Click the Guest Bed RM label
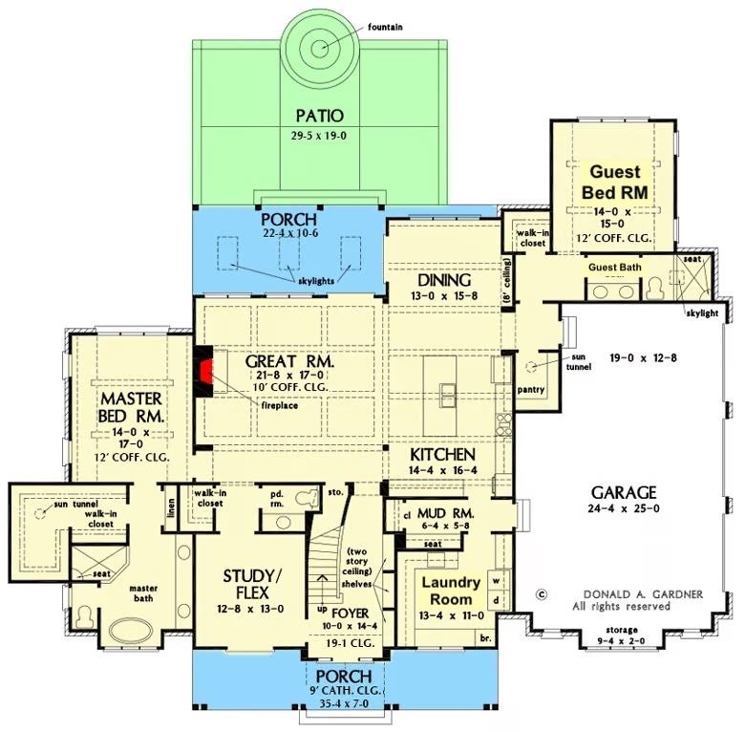[614, 182]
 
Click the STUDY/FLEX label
[252, 583]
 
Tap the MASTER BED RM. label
[130, 406]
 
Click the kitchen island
[447, 392]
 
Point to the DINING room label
[444, 281]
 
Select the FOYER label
[351, 613]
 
